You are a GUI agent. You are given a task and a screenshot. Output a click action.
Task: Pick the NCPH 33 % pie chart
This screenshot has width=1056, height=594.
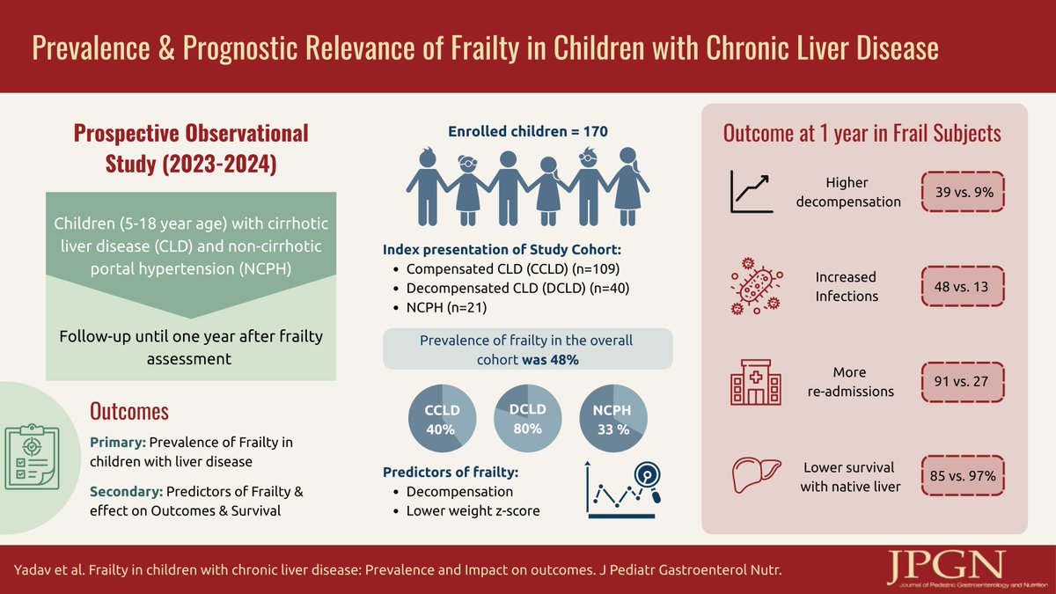pyautogui.click(x=612, y=420)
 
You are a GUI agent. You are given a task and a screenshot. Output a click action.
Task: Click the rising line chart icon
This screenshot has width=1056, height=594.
pyautogui.click(x=751, y=193)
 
